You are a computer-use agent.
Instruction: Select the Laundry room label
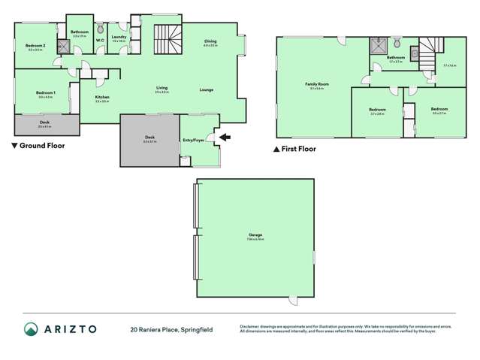pos(118,36)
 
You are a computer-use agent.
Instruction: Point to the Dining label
pos(210,42)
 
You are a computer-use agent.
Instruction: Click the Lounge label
pos(207,89)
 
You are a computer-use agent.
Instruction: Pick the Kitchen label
pos(102,97)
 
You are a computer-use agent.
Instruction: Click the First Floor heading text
pos(299,149)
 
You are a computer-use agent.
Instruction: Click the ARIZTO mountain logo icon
pos(31,328)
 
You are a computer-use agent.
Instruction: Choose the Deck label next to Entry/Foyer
pos(149,137)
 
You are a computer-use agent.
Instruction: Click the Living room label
pos(162,88)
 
